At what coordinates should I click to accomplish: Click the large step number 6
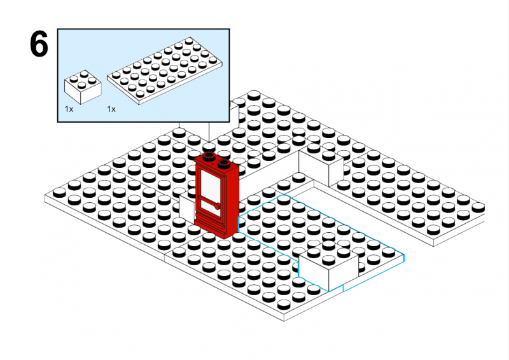coord(39,44)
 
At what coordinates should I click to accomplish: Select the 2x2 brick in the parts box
coord(83,87)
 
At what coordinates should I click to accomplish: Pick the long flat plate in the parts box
coord(165,71)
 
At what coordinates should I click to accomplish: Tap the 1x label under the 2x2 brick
coord(69,109)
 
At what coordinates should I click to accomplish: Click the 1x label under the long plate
coord(111,109)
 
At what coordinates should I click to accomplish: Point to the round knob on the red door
coord(217,206)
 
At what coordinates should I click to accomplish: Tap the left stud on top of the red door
coord(209,156)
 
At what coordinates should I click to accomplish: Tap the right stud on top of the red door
coord(224,164)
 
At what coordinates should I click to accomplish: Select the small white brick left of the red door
coord(187,208)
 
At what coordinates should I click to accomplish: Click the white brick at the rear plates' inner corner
coord(321,165)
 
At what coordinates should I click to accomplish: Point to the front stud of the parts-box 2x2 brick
coord(81,85)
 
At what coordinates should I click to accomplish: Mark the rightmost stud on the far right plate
coord(478,206)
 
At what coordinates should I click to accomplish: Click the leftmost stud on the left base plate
coord(59,192)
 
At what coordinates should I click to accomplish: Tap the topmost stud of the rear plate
coord(254,95)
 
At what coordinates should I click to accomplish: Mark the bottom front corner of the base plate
coord(284,321)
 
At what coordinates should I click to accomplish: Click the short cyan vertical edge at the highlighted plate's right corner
coord(404,258)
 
